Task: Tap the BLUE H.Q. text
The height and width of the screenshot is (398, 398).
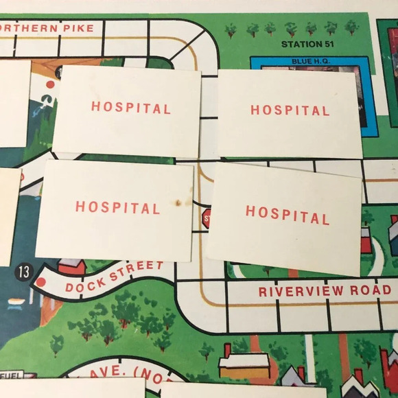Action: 311,61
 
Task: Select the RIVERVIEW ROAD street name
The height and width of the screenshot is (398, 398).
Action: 324,290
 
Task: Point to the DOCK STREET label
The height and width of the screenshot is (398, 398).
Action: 115,276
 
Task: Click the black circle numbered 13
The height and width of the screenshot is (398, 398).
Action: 23,272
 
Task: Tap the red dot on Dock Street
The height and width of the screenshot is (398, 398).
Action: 40,282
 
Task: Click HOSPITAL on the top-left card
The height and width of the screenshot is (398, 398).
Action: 130,108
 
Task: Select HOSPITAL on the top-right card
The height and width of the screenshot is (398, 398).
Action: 290,110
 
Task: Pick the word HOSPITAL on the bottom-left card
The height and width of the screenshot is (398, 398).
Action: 117,207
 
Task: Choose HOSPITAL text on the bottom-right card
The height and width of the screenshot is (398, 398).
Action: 287,215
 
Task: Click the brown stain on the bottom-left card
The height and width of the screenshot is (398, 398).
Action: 179,202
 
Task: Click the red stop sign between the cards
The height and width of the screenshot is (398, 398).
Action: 205,219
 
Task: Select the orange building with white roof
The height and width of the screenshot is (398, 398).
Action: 244,364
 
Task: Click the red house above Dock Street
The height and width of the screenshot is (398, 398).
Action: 71,266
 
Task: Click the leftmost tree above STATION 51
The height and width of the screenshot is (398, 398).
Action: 231,29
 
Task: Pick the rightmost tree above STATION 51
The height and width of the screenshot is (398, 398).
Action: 351,27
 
